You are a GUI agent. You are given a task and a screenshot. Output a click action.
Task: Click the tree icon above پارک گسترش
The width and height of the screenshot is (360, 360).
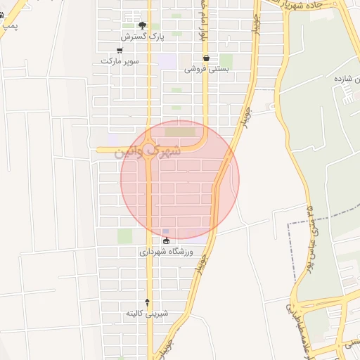pos(143,25)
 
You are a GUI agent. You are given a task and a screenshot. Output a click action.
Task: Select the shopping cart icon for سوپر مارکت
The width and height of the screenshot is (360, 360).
pos(120,50)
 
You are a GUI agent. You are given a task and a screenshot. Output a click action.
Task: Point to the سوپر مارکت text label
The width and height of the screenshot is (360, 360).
pos(120,60)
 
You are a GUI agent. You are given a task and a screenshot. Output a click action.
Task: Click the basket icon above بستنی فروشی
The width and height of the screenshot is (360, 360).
pos(206,58)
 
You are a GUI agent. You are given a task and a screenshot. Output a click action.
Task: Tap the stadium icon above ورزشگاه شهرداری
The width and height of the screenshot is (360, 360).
pos(166,241)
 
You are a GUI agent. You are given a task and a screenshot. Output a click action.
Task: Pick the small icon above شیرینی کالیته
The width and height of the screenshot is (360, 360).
pos(147,301)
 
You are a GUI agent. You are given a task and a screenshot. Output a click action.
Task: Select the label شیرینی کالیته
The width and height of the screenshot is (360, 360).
pos(146,312)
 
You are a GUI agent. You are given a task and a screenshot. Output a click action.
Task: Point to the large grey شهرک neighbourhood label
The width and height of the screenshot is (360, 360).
pos(147,151)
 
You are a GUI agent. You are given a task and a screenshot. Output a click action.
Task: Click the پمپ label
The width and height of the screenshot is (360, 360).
pos(9,25)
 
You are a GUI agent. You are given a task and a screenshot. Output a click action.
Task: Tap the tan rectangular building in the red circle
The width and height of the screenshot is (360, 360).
pos(182,131)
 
